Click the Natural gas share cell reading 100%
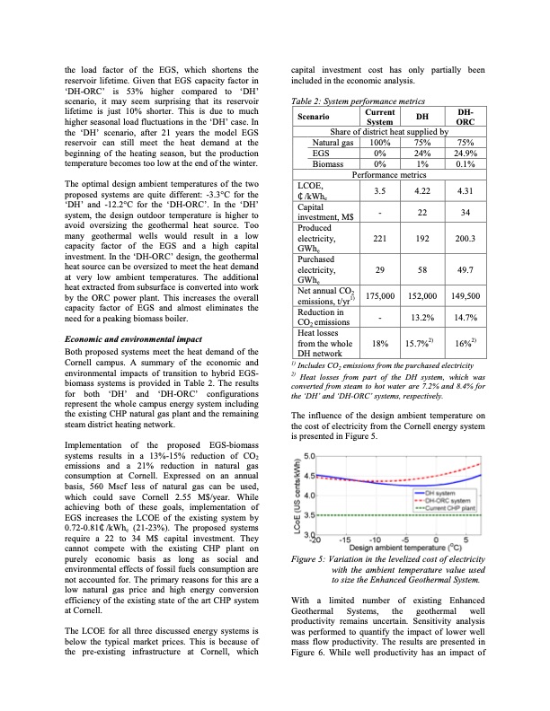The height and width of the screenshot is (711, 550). pyautogui.click(x=380, y=142)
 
